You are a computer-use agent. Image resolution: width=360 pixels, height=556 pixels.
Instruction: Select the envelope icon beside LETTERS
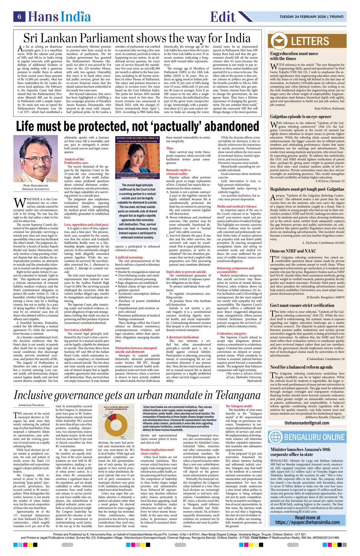[279, 41]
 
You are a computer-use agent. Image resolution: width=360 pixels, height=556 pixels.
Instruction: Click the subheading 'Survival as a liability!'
[79, 329]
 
